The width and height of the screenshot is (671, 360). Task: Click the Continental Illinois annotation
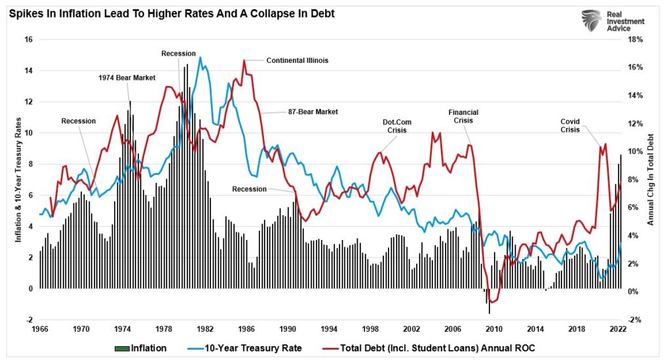[297, 60]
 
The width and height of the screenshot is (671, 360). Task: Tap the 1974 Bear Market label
[126, 77]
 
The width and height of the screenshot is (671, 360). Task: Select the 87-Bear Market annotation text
[313, 112]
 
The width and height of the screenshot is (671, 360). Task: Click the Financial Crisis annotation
[463, 116]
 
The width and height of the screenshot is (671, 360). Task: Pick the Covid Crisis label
[574, 125]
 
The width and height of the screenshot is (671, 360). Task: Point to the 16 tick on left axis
[28, 39]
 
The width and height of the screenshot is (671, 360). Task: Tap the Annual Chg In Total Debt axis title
[651, 179]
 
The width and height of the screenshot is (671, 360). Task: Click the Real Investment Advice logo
[613, 22]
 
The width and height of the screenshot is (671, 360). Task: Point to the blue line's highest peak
[200, 57]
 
